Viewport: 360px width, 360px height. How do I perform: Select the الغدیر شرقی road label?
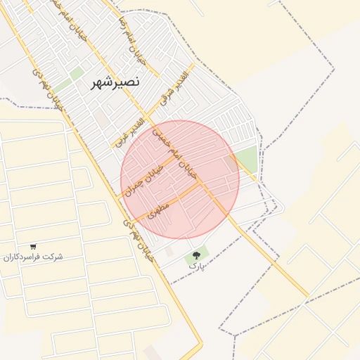coord(174,89)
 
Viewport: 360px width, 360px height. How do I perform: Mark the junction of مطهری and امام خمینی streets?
coord(201,185)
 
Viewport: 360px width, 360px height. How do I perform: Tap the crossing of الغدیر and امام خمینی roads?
coord(150,117)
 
